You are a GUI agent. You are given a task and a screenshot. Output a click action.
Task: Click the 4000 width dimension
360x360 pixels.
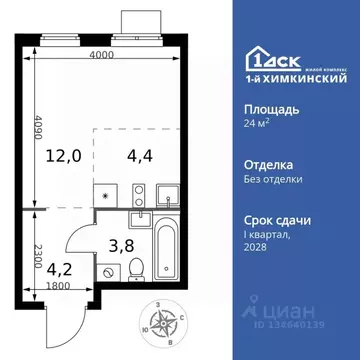click(x=97, y=56)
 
